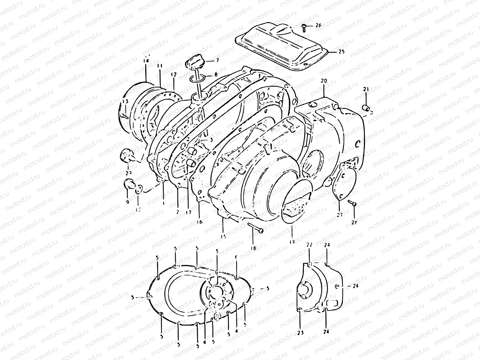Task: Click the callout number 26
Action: pyautogui.click(x=318, y=25)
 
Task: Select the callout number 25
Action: pyautogui.click(x=341, y=52)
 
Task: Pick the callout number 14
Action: pyautogui.click(x=146, y=61)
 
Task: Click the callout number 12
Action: pyautogui.click(x=174, y=74)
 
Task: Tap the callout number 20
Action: pyautogui.click(x=324, y=81)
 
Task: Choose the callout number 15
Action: pyautogui.click(x=223, y=236)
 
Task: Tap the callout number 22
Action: pyautogui.click(x=310, y=245)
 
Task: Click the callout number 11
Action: pyautogui.click(x=159, y=65)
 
